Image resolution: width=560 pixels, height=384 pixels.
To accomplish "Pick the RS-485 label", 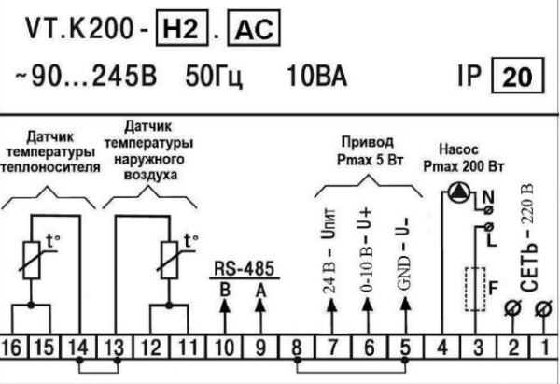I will pos(239,267).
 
